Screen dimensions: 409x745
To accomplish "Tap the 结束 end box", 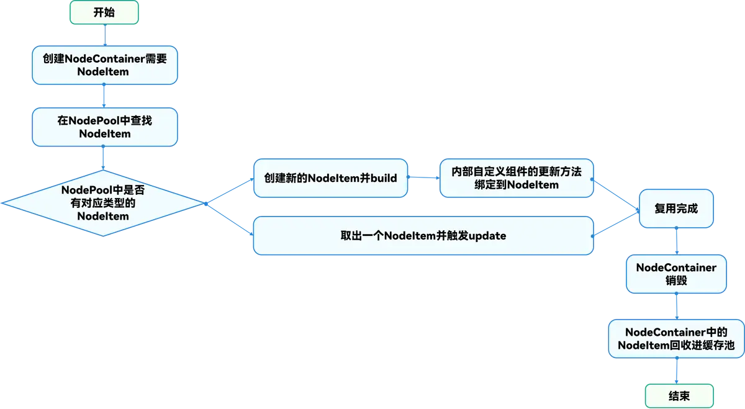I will pos(679,395).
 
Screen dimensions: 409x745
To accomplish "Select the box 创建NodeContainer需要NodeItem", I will pos(104,65).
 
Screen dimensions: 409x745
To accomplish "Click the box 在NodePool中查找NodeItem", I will pos(104,127).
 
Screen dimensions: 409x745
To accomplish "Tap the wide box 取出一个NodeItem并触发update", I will pos(423,235).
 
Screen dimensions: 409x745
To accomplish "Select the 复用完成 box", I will pos(676,209).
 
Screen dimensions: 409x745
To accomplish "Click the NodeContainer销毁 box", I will pos(675,274).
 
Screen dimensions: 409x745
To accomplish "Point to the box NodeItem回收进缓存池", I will pos(675,339).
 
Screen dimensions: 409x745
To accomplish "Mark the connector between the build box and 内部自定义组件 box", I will pos(423,178).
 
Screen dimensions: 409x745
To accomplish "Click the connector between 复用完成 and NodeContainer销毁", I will pos(677,240).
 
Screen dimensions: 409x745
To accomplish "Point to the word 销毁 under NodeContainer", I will pos(675,281).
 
